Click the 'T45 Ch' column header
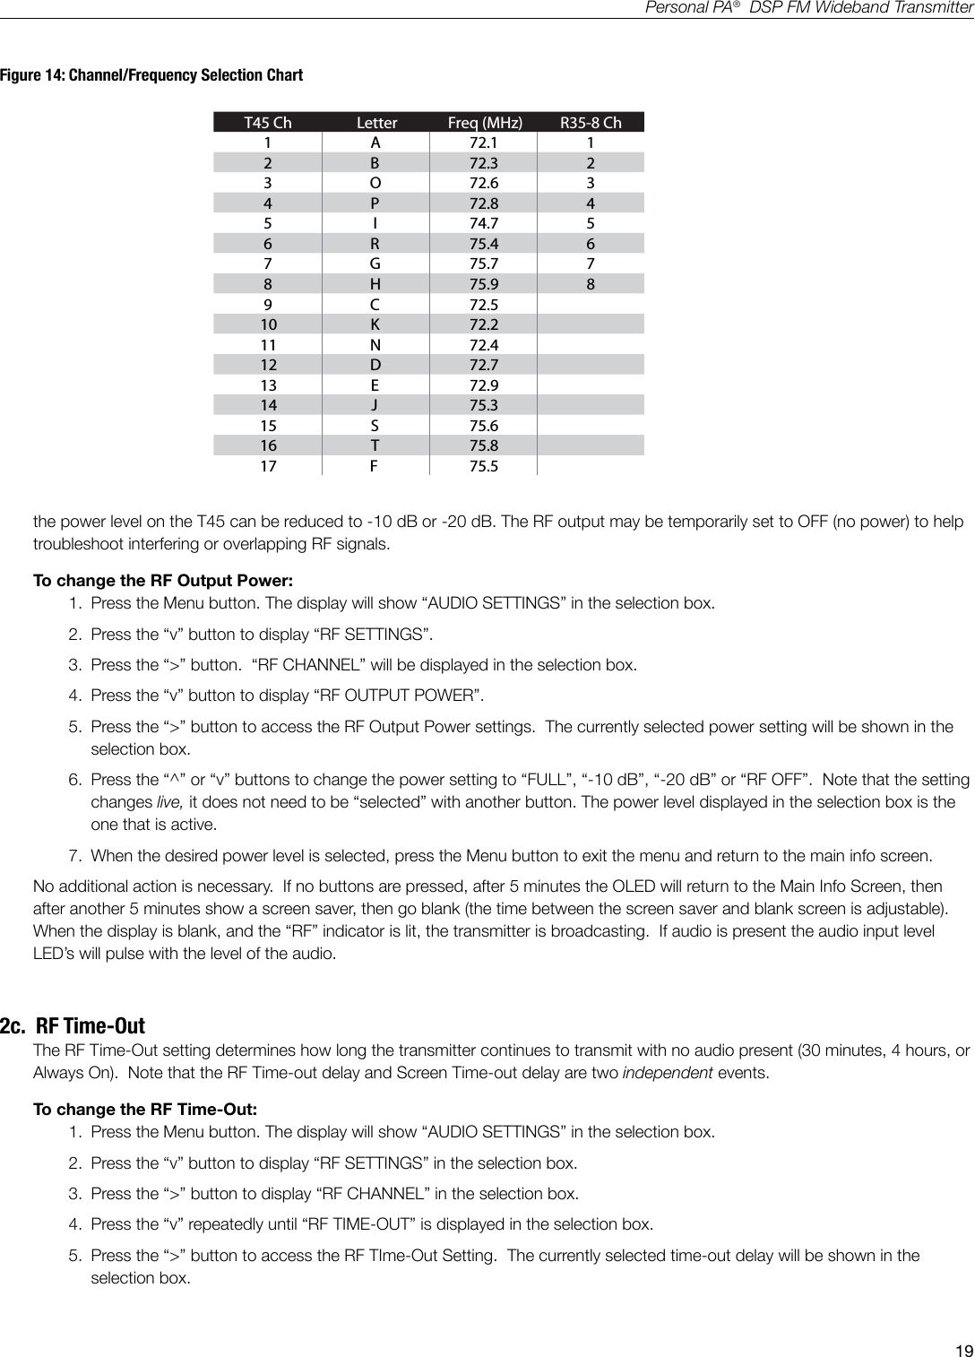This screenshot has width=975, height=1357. [x=268, y=123]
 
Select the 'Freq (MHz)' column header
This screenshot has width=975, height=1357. [x=484, y=123]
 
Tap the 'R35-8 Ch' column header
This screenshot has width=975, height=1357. [x=591, y=123]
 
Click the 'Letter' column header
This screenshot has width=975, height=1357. [x=376, y=123]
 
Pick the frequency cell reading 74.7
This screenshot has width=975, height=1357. [x=484, y=223]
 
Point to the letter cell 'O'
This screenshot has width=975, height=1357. [x=375, y=183]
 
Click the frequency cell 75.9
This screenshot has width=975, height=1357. [x=484, y=284]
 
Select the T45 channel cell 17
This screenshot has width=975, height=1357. [x=268, y=466]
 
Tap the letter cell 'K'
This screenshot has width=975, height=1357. [x=375, y=324]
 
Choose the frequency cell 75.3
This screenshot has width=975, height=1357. [x=484, y=405]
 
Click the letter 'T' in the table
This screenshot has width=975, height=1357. [x=375, y=445]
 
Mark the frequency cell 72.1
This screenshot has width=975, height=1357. [x=484, y=143]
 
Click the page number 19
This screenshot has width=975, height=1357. [x=963, y=1351]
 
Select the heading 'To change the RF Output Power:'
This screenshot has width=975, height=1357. [x=163, y=581]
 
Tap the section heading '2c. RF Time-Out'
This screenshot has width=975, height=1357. [x=73, y=1025]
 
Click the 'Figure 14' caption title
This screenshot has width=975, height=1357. [x=151, y=75]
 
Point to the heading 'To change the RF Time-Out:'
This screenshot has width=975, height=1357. [x=145, y=1110]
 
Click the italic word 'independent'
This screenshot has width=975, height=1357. [x=668, y=1073]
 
